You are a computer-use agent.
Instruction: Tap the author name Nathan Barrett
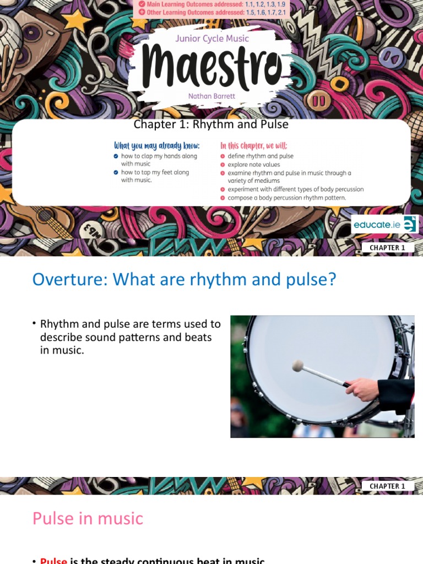pos(211,96)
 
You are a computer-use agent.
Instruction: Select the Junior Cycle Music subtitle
pos(212,39)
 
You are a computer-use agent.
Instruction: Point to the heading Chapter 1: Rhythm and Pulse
pos(211,124)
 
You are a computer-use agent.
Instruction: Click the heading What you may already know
pos(156,146)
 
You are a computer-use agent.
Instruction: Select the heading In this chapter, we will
pos(253,146)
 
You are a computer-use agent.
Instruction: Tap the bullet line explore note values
pos(254,165)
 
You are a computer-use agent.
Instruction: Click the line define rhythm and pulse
pos(261,156)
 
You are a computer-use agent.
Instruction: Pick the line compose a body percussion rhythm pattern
pos(287,198)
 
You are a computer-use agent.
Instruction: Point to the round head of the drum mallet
pos(298,366)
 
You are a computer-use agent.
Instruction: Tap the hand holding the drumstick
pos(363,389)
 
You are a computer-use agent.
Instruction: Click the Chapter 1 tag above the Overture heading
pos(387,248)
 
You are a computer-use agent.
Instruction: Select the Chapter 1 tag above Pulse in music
pos(387,486)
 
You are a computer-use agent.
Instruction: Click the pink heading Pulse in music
pos(88,518)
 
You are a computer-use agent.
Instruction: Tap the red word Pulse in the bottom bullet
pos(53,561)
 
